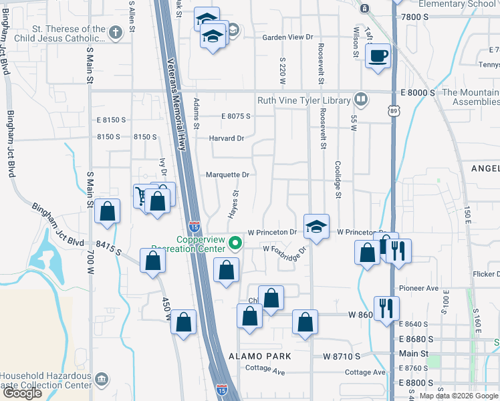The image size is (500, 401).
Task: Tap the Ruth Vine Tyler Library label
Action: (x=304, y=100)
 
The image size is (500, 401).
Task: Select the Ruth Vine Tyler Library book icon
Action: (x=361, y=100)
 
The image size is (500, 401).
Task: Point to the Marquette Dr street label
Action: (x=227, y=174)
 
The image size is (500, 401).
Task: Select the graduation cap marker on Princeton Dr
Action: (x=316, y=225)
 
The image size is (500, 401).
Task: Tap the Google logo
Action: (x=22, y=393)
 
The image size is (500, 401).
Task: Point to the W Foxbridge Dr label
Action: (x=284, y=249)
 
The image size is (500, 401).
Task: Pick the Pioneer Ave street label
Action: (x=418, y=288)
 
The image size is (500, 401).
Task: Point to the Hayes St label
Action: (x=235, y=203)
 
